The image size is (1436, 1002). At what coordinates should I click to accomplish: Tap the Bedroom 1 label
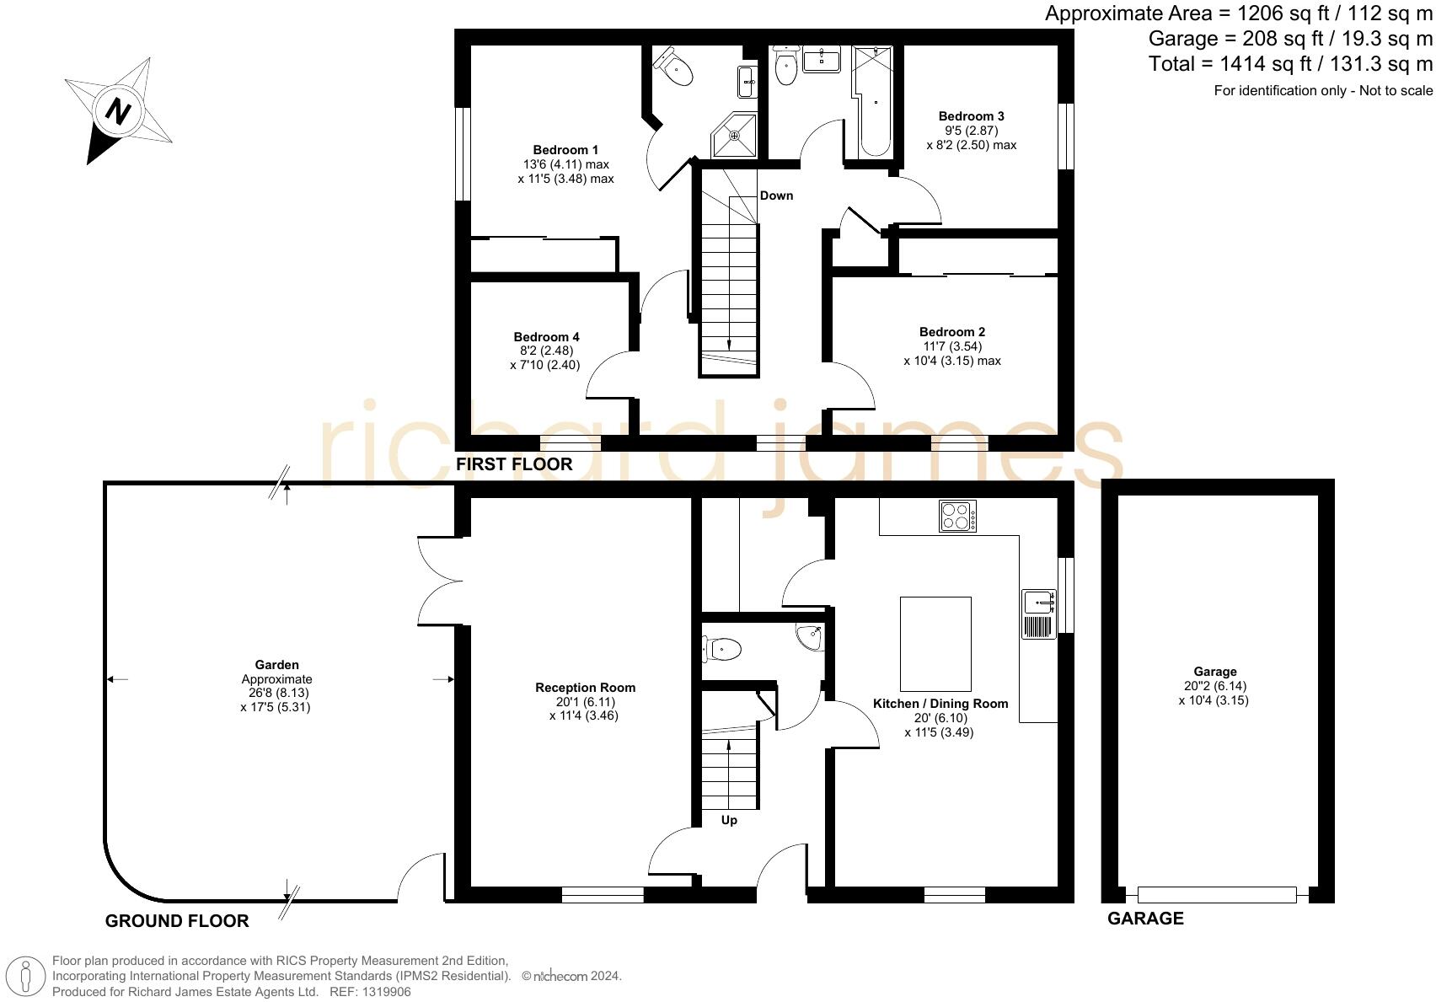point(565,150)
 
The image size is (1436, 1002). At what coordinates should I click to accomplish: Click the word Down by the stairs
point(776,196)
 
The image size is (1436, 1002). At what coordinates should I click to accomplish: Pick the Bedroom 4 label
point(546,337)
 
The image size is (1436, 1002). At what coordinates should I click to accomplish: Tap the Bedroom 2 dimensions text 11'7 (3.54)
point(952,346)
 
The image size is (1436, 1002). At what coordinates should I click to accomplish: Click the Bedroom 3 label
point(971,116)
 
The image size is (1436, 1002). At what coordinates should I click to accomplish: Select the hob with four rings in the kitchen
point(958,516)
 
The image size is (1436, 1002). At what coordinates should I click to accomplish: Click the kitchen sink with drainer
point(1039,614)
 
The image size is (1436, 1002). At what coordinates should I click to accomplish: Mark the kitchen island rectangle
point(935,643)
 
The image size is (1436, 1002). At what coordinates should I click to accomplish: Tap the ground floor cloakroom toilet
point(722,649)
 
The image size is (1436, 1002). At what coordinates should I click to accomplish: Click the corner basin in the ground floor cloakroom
point(810,637)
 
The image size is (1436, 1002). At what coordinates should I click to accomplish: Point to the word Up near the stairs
point(729,820)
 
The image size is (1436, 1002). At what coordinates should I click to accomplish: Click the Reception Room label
point(585,688)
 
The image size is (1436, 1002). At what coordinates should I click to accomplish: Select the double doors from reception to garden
point(440,581)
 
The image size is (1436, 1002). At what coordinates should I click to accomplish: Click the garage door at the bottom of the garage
point(1216,894)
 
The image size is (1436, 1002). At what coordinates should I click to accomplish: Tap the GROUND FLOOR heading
point(177,921)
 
